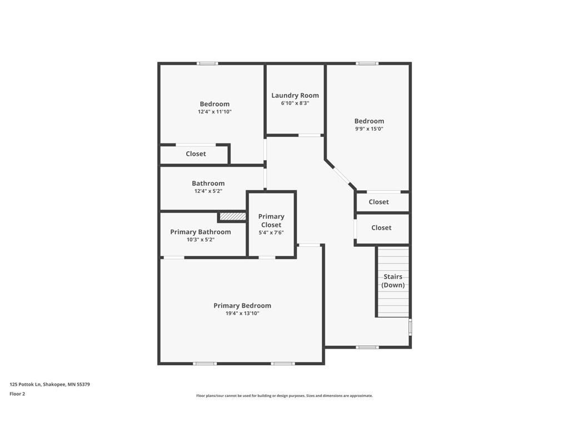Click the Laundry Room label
pyautogui.click(x=295, y=96)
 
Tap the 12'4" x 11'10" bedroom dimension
pyautogui.click(x=214, y=112)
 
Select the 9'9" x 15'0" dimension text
pyautogui.click(x=369, y=129)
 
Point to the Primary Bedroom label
pyautogui.click(x=242, y=306)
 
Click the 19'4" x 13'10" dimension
pyautogui.click(x=242, y=314)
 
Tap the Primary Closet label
pyautogui.click(x=271, y=221)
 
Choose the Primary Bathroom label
pyautogui.click(x=200, y=232)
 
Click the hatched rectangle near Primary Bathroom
pyautogui.click(x=233, y=217)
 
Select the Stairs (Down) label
pyautogui.click(x=393, y=281)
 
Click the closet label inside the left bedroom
pyautogui.click(x=196, y=154)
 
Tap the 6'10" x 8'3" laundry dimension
pyautogui.click(x=295, y=103)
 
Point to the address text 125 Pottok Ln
pyautogui.click(x=25, y=384)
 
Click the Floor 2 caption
pyautogui.click(x=17, y=394)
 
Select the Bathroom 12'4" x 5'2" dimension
pyautogui.click(x=208, y=191)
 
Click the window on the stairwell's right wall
pyautogui.click(x=410, y=326)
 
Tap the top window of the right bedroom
pyautogui.click(x=367, y=63)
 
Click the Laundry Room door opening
pyautogui.click(x=310, y=136)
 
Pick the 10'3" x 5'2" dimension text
pyautogui.click(x=200, y=240)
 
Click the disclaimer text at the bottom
pyautogui.click(x=284, y=396)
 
